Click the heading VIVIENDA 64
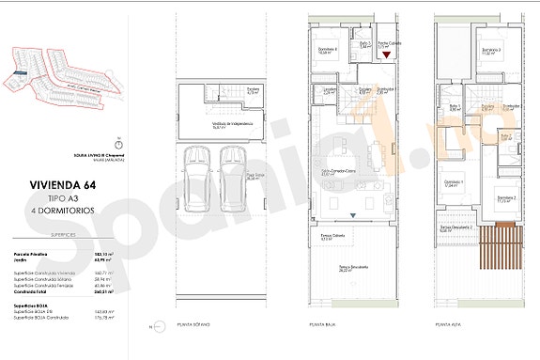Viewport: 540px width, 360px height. (x=61, y=185)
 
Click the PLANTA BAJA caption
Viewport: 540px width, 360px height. (x=322, y=324)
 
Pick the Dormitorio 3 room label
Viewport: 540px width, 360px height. (x=492, y=51)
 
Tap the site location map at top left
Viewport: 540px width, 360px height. (x=61, y=73)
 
